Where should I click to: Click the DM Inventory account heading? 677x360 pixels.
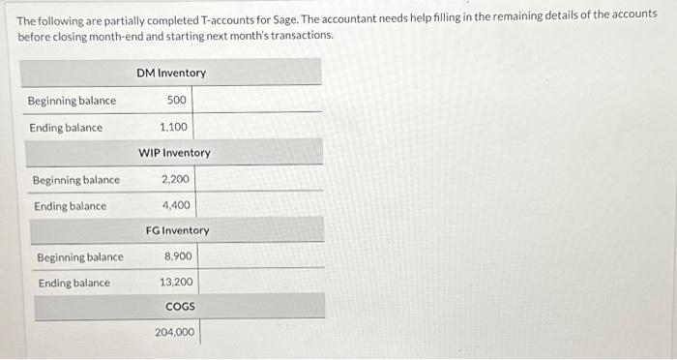coord(171,73)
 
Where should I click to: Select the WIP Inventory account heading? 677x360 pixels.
coord(174,153)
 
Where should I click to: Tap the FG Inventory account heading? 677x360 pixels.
coord(177,230)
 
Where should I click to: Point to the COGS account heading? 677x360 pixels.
coord(180,306)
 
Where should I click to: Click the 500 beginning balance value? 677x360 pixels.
coord(177,101)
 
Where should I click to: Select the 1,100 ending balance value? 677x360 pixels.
coord(174,127)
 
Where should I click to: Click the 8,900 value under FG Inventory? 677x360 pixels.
coord(178,256)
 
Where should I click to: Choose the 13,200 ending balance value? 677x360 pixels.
coord(176,283)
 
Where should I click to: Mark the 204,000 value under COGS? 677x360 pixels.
coord(174,332)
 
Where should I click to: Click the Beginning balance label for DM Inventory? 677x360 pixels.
coord(72,101)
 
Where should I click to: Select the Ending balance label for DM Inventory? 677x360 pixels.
coord(66,128)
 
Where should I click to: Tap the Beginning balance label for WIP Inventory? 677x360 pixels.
coord(76,180)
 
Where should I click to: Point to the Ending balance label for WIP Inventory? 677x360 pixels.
coord(71,206)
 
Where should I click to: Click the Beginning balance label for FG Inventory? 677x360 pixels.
coord(80,257)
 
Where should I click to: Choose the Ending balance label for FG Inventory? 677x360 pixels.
coord(74,283)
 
